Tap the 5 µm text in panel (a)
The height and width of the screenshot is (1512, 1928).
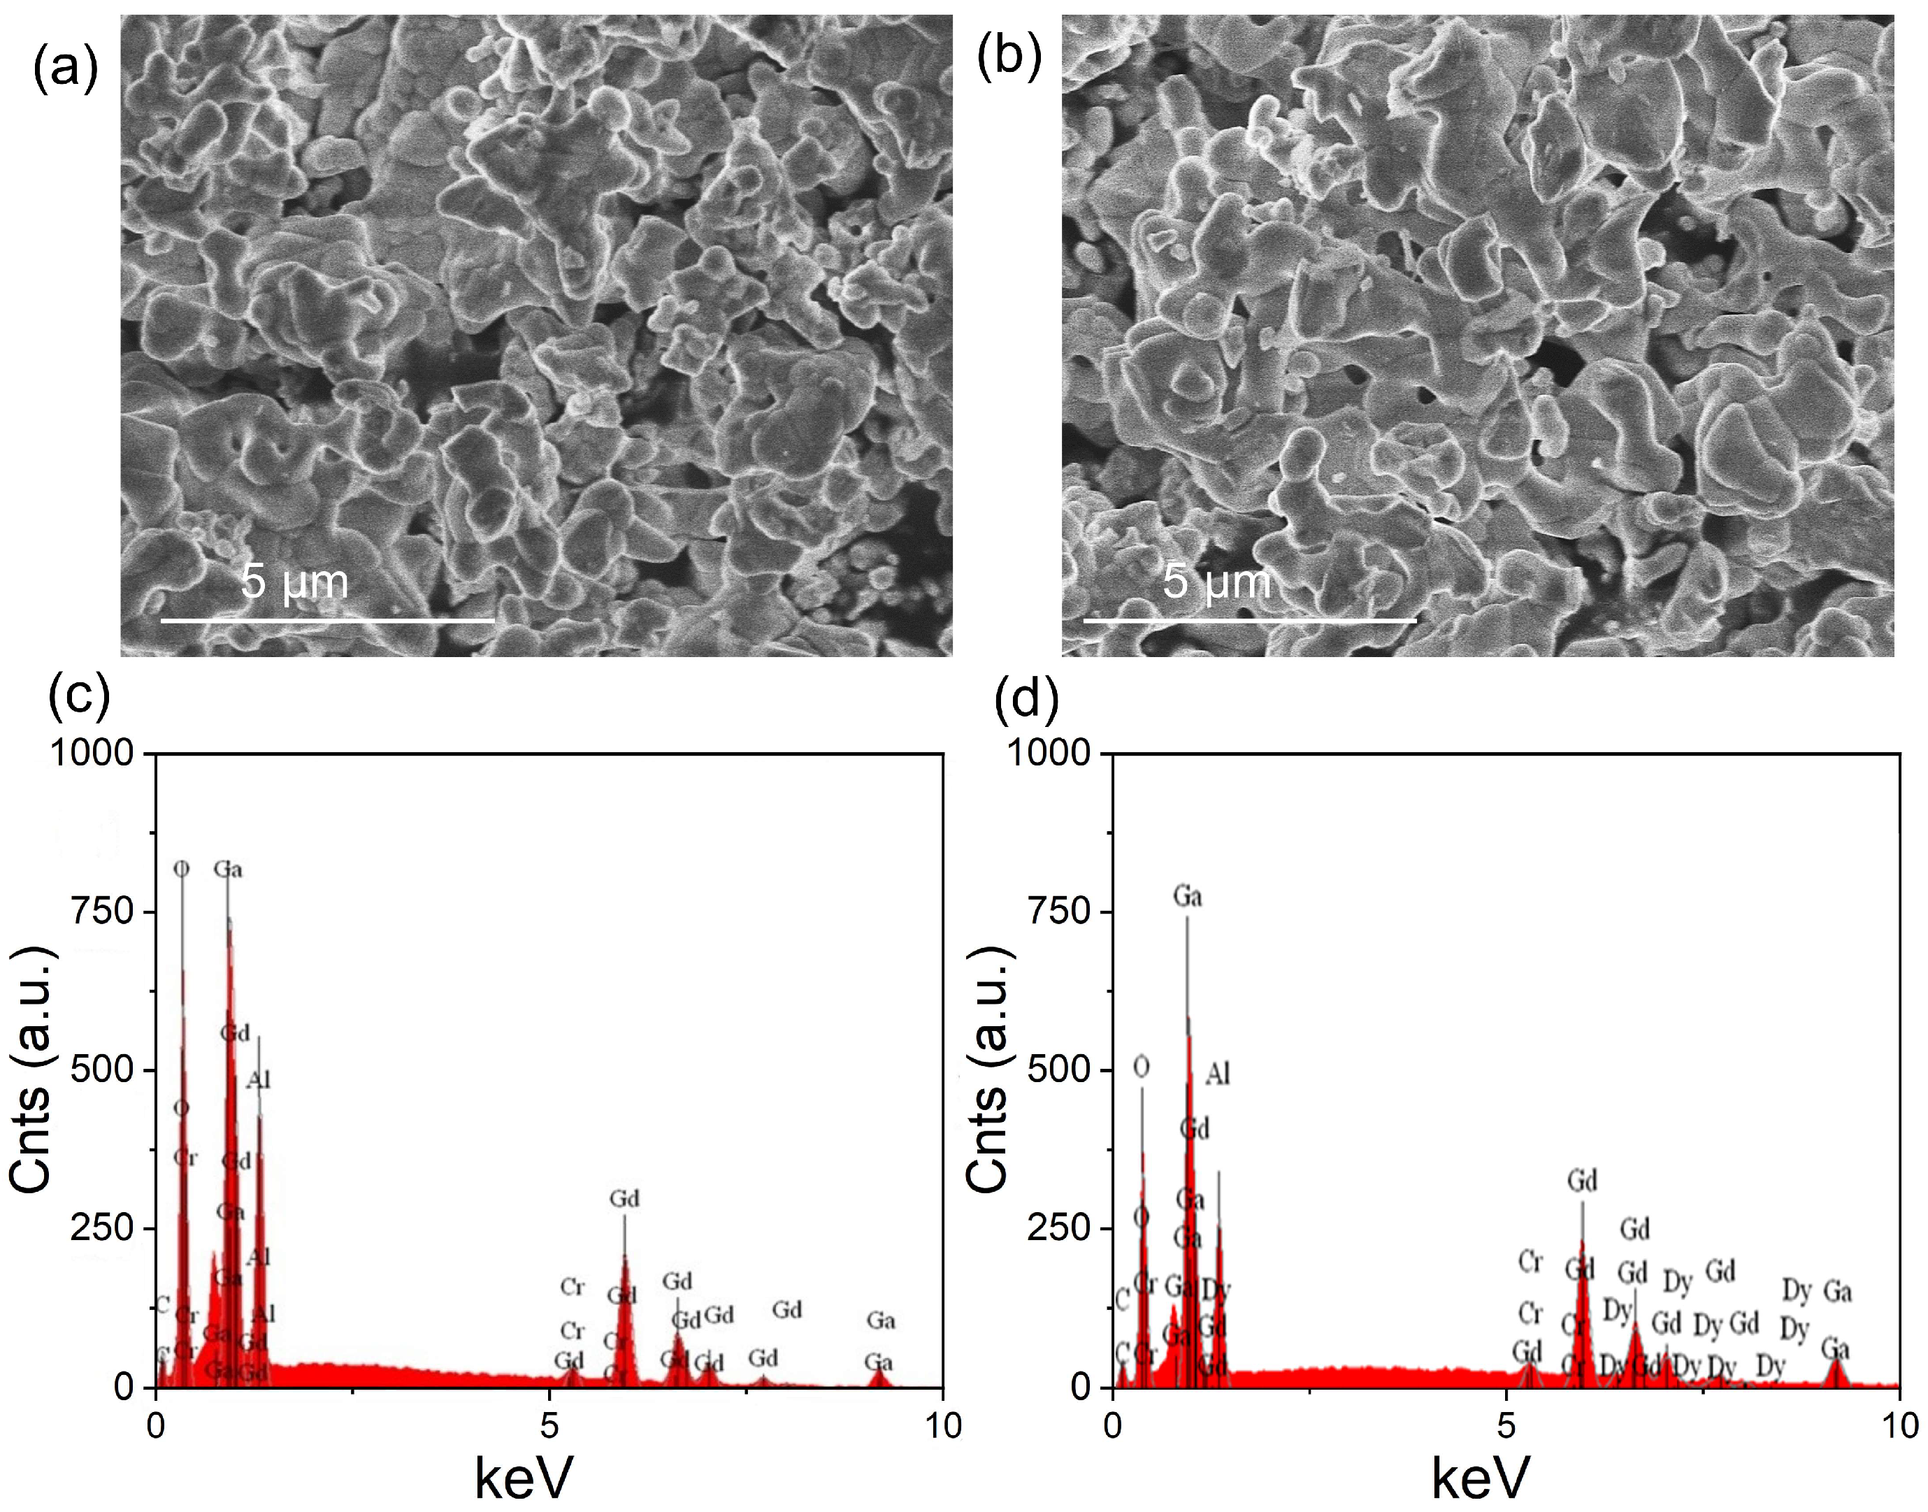tap(295, 582)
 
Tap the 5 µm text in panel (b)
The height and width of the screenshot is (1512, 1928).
tap(1216, 582)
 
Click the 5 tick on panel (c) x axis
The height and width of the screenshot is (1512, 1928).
tap(549, 1426)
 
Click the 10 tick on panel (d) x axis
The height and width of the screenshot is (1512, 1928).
tap(1898, 1426)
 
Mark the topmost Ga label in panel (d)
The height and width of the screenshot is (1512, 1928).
tap(1187, 897)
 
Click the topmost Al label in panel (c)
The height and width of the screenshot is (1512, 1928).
tap(259, 1080)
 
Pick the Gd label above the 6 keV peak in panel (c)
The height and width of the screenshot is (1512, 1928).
tap(624, 1200)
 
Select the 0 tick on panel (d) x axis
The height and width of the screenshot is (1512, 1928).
tap(1114, 1426)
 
